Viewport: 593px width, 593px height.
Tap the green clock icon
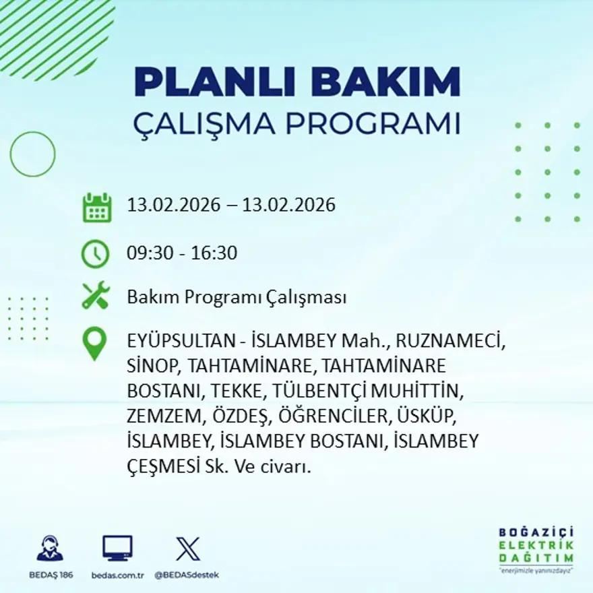[x=95, y=254]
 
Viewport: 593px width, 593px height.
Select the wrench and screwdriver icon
[x=96, y=296]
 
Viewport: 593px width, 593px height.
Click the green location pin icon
[x=94, y=343]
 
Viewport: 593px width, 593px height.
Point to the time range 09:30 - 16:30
[x=182, y=253]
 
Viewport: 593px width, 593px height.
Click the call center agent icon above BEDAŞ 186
[x=50, y=549]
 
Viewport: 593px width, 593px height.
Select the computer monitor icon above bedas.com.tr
[x=117, y=549]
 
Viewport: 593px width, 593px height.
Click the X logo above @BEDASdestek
[x=187, y=549]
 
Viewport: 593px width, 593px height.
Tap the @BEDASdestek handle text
[x=187, y=575]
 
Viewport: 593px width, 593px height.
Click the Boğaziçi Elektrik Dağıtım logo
[x=536, y=549]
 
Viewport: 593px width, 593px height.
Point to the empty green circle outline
[x=32, y=154]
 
